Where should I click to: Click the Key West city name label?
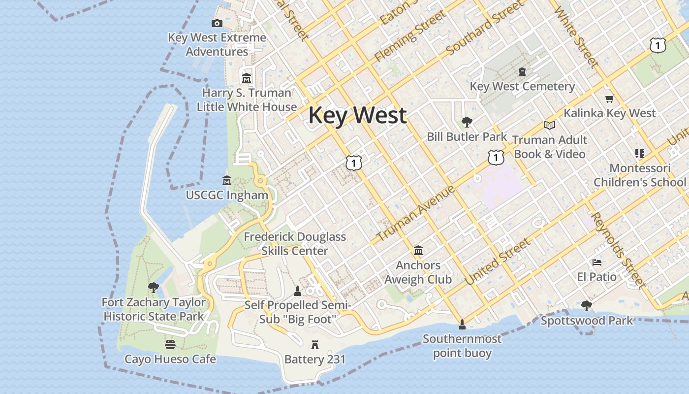coord(357,115)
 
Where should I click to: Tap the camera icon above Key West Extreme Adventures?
coord(217,23)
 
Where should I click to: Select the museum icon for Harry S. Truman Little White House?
coord(247,78)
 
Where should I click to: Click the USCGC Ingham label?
coord(227,195)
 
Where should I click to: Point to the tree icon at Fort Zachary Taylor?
coord(154,287)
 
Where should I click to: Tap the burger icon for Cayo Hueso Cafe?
coord(170,344)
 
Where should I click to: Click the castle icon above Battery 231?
coord(315,345)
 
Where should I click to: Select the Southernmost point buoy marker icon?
coord(462,324)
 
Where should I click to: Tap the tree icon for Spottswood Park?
coord(586,306)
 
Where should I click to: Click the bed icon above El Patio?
coord(597,263)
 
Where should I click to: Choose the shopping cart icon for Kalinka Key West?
coord(610,98)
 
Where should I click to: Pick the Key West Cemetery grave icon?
coord(522,72)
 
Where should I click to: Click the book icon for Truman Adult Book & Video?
coord(550,125)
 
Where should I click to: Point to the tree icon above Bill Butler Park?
coord(467,122)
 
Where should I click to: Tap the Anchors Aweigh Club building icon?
coord(418,251)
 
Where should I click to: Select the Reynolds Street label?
coord(617,250)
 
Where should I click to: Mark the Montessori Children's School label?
coord(639,175)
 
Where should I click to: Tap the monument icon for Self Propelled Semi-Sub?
coord(297,291)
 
